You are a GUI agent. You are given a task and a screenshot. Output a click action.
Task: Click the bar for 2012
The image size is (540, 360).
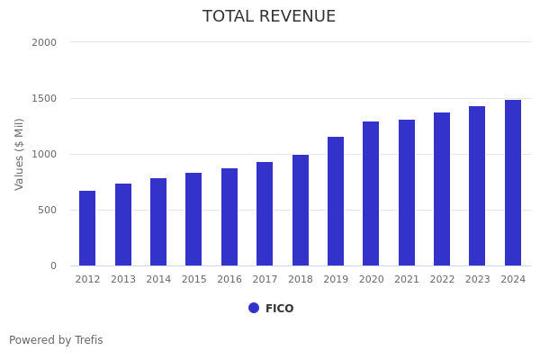point(87,228)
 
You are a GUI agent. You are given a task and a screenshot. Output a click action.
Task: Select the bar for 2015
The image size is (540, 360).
point(193,219)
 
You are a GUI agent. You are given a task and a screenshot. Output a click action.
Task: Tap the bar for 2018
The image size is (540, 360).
point(301,210)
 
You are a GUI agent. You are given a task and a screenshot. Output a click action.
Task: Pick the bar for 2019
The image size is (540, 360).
point(336,201)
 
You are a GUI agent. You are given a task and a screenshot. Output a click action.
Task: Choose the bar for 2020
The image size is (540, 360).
point(371,193)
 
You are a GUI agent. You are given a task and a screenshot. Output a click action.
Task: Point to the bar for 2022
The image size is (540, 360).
point(442,189)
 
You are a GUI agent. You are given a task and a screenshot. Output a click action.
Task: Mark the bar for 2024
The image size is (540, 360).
point(513,183)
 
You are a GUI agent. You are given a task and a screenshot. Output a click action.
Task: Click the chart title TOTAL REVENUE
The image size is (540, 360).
point(269,17)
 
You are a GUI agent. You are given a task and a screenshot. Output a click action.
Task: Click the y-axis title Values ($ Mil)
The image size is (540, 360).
point(20,154)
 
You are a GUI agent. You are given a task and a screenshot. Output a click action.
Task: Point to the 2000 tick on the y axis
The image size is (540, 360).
point(44,42)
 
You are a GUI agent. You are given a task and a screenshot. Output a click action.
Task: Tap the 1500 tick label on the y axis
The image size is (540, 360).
point(44,98)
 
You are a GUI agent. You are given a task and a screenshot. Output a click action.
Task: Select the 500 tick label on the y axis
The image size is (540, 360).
point(47,210)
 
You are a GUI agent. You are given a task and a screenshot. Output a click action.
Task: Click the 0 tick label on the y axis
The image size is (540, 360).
point(53,265)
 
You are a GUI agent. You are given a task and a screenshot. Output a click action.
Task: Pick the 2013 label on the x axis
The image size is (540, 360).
point(123,280)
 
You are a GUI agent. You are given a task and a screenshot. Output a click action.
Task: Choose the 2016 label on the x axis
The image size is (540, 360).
point(229,280)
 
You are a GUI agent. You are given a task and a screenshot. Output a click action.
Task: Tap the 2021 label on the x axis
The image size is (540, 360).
point(407,280)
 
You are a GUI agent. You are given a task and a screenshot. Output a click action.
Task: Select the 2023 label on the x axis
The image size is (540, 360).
point(478,280)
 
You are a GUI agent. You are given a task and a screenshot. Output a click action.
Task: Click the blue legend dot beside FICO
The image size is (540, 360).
point(254,308)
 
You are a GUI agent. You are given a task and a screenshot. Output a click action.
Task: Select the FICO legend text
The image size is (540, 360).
point(279,309)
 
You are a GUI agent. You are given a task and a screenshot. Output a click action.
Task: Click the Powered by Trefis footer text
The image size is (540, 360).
point(56,340)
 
